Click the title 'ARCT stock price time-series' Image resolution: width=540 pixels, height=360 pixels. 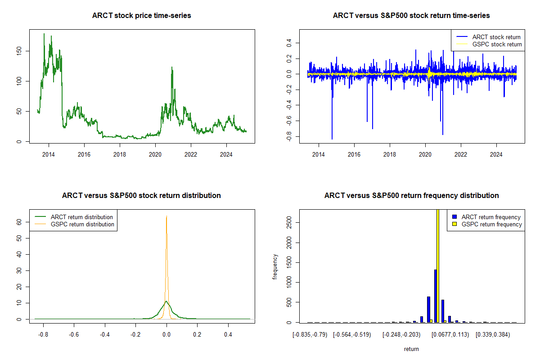[141, 16]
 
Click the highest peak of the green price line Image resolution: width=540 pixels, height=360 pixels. [44, 34]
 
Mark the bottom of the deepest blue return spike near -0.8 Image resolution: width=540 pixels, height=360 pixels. [332, 139]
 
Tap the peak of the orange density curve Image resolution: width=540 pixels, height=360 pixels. [166, 216]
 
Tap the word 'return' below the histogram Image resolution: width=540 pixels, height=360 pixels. [411, 349]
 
